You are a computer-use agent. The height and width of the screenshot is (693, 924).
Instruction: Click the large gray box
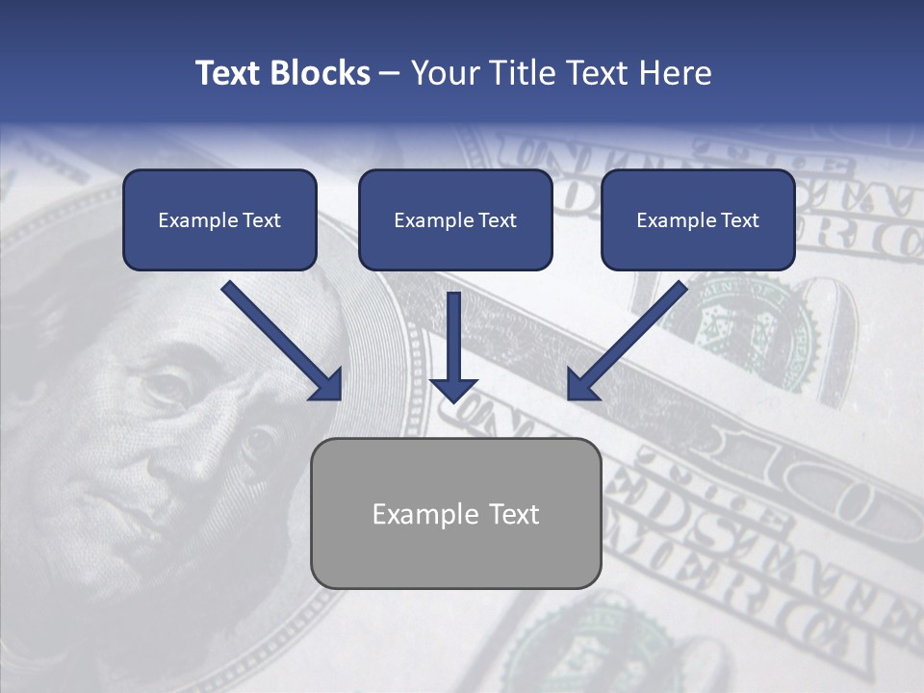(456, 549)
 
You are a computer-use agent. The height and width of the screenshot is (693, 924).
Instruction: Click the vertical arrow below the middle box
(453, 346)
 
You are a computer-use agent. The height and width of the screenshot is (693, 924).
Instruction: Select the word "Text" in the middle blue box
(497, 220)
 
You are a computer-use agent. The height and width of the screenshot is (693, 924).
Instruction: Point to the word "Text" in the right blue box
(739, 220)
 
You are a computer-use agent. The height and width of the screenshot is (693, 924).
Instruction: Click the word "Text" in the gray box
(514, 514)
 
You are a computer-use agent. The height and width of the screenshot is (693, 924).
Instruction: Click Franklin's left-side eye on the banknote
(165, 385)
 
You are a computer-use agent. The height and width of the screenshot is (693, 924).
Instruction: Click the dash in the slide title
(390, 73)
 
